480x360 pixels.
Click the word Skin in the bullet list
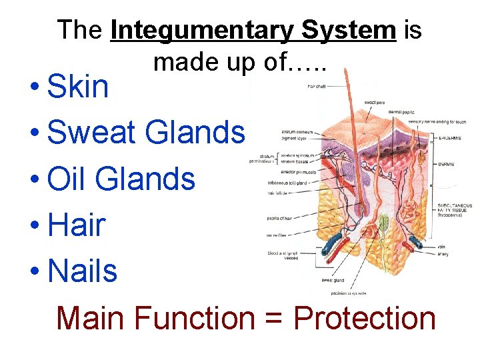pyautogui.click(x=79, y=87)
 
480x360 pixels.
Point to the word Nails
pyautogui.click(x=83, y=271)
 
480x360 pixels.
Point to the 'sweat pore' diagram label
pyautogui.click(x=373, y=102)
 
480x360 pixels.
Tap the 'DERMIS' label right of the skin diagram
pyautogui.click(x=447, y=163)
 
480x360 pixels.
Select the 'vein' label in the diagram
pyautogui.click(x=441, y=247)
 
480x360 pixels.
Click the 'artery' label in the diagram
pyautogui.click(x=443, y=253)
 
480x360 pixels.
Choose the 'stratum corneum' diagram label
pyautogui.click(x=296, y=132)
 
